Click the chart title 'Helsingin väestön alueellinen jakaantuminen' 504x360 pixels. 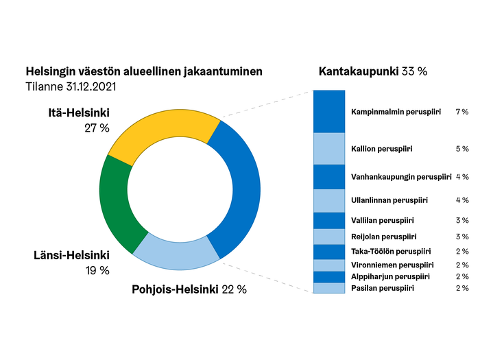pos(144,71)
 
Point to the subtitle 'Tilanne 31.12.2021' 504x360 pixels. pos(71,87)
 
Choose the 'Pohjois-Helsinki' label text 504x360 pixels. pos(174,289)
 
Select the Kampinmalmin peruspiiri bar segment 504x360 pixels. pos(329,111)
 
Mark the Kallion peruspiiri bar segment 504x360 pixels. pos(329,148)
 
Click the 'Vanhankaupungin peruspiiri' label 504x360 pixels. pos(400,177)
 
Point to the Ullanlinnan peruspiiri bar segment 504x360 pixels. pos(329,200)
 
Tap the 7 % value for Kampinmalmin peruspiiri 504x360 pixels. pos(461,111)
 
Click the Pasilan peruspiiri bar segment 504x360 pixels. pos(329,289)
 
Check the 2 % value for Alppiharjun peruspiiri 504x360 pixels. pos(461,276)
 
